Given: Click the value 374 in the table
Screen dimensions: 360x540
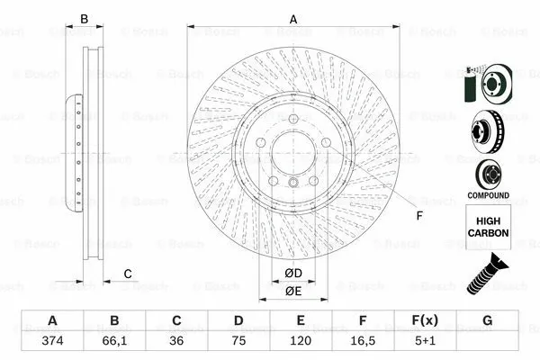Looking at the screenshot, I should pos(52,341).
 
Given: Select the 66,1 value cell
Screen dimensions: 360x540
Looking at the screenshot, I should pos(114,341).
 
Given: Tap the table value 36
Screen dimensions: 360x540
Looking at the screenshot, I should pos(176,341).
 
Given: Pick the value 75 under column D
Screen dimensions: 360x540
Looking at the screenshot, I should pos(238,341).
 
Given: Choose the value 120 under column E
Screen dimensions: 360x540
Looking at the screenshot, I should pos(301,341).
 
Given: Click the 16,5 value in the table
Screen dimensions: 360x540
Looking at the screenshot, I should pos(363,341).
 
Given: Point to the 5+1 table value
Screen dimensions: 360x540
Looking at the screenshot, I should pos(425,341).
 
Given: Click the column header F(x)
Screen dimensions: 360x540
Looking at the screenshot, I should pos(425,321).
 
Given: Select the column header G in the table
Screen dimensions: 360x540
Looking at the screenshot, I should pos(487,321).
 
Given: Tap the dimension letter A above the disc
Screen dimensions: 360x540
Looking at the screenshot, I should pos(292,18).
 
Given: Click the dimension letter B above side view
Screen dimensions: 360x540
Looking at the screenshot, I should pos(85,19).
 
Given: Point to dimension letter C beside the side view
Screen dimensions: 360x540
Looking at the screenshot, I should pos(128,274).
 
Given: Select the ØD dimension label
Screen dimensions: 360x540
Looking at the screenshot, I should pos(292,273).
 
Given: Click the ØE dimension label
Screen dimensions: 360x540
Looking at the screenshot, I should pos(292,291).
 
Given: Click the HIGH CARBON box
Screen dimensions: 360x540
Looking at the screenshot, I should pos(489,226).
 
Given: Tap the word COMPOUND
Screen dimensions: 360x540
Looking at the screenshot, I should pos(488,195).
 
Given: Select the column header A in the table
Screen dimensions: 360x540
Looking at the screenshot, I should pos(52,321).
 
